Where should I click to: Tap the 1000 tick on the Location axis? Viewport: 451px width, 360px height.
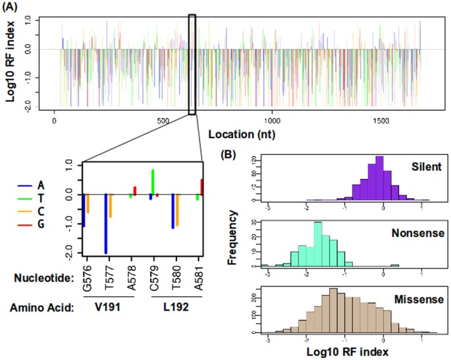click(x=272, y=121)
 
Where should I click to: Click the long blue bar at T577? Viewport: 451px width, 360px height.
click(x=105, y=224)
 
